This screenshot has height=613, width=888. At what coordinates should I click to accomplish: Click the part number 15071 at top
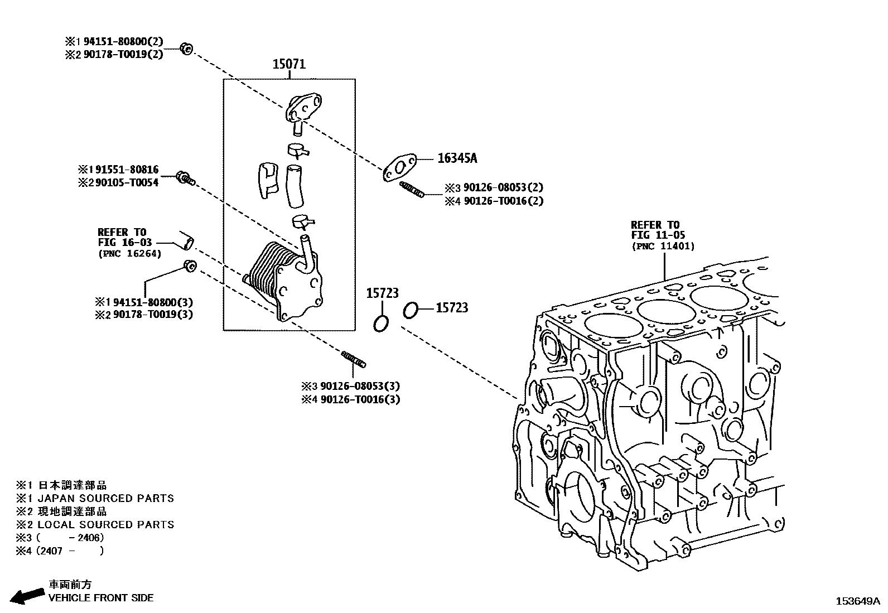click(289, 64)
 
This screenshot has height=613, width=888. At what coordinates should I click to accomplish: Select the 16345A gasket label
click(457, 158)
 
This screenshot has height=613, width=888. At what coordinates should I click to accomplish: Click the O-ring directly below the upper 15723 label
click(381, 323)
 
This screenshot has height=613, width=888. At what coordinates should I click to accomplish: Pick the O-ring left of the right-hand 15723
click(410, 310)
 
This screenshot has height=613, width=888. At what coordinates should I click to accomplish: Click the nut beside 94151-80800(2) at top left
click(187, 49)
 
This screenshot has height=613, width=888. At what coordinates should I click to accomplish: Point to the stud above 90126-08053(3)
click(354, 359)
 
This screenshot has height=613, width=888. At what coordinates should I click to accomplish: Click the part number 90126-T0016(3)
click(360, 399)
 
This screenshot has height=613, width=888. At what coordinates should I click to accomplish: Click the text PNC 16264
click(129, 253)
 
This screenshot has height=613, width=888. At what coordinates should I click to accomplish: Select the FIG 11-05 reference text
click(658, 235)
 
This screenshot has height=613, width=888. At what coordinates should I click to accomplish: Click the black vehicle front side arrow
click(27, 596)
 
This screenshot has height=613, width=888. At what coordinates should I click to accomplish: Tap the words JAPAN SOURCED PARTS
click(105, 498)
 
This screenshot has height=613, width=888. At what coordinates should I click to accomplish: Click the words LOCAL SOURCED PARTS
click(105, 524)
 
